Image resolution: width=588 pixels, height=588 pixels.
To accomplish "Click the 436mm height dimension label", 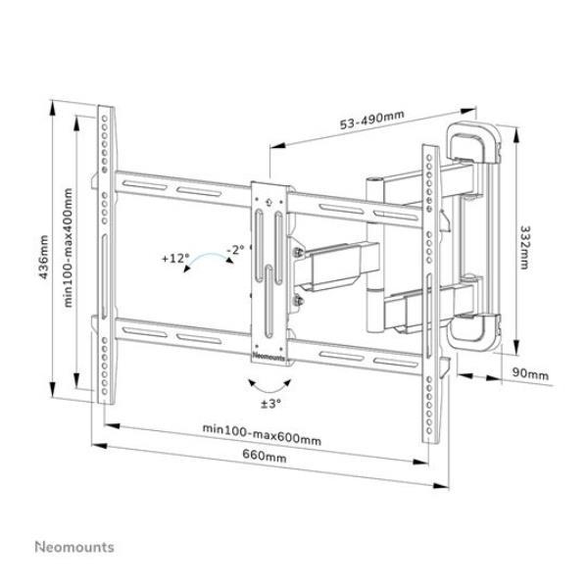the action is [x=44, y=257].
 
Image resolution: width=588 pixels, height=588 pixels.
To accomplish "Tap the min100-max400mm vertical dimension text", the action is [x=69, y=248].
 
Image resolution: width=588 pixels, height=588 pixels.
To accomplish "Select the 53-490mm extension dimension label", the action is [x=372, y=120].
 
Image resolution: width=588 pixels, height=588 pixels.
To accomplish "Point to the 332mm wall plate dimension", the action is [x=524, y=247].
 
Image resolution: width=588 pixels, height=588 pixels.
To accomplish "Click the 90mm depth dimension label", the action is [x=530, y=374].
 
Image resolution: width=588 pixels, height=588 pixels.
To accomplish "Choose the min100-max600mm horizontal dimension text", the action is [x=262, y=434].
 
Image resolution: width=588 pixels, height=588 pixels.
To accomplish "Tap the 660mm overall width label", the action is [x=265, y=456].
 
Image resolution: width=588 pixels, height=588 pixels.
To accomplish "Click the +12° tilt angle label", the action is [x=175, y=259].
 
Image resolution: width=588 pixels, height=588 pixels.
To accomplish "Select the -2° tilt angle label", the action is [x=235, y=249].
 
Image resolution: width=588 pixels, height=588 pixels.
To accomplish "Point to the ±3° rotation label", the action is [x=271, y=404].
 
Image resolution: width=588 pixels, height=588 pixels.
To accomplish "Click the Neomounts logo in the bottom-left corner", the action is [x=74, y=547].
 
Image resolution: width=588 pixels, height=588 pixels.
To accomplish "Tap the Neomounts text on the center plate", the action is [x=269, y=357].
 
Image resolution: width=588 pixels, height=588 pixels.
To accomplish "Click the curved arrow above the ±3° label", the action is [x=270, y=387].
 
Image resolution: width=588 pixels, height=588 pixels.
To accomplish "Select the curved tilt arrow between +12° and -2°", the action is [x=208, y=255].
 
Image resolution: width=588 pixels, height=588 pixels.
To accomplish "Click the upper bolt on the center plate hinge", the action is [x=299, y=252].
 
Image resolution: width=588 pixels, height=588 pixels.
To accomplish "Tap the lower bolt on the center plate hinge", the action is [x=299, y=300].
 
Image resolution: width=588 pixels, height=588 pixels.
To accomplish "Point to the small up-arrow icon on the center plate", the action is [x=269, y=203].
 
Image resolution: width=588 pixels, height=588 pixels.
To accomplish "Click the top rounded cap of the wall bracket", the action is [x=473, y=142].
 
